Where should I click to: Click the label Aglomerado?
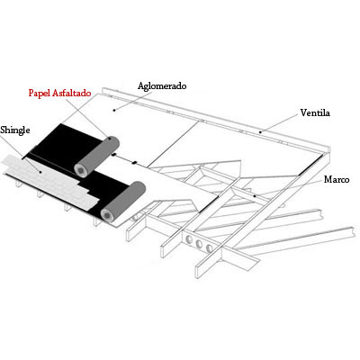(x=162, y=86)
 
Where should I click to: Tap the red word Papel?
(x=40, y=93)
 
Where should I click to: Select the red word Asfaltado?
(x=72, y=93)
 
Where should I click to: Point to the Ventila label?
(x=315, y=112)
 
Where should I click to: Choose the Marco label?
(x=337, y=180)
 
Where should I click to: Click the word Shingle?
(x=15, y=130)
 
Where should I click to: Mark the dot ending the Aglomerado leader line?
(x=114, y=110)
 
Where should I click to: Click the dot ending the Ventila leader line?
(x=260, y=131)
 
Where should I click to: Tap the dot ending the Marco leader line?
(x=255, y=196)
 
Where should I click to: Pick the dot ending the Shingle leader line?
(x=40, y=172)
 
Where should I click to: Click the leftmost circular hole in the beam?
(x=189, y=239)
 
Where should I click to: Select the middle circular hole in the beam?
(x=199, y=244)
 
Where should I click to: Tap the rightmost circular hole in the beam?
(x=209, y=248)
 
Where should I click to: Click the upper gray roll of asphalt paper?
(x=97, y=156)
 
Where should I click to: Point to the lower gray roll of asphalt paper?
(x=123, y=201)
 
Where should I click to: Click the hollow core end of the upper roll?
(x=82, y=170)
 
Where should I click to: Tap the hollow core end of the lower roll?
(x=106, y=215)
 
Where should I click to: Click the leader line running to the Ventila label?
(x=280, y=123)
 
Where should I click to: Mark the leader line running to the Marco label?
(x=288, y=188)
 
